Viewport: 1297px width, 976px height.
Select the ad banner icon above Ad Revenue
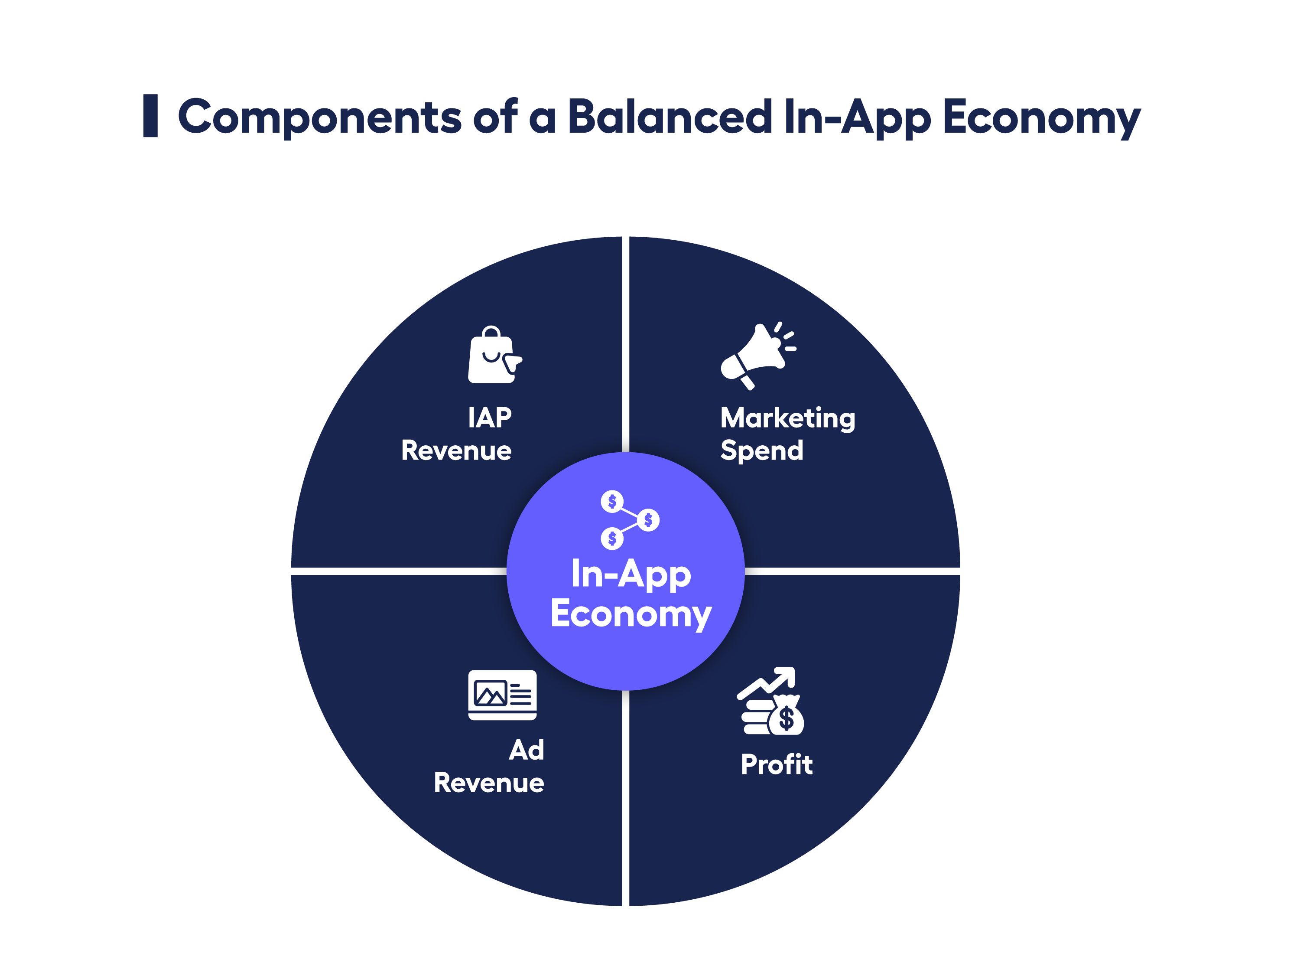click(x=502, y=695)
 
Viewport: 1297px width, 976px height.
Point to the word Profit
click(x=776, y=764)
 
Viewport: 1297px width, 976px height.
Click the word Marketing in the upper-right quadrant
click(x=787, y=419)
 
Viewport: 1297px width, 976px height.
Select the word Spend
click(x=761, y=451)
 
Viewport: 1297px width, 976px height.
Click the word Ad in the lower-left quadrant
click(x=526, y=750)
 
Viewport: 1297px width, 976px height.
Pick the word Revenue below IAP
click(x=456, y=451)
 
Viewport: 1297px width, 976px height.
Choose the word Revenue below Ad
click(x=488, y=783)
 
